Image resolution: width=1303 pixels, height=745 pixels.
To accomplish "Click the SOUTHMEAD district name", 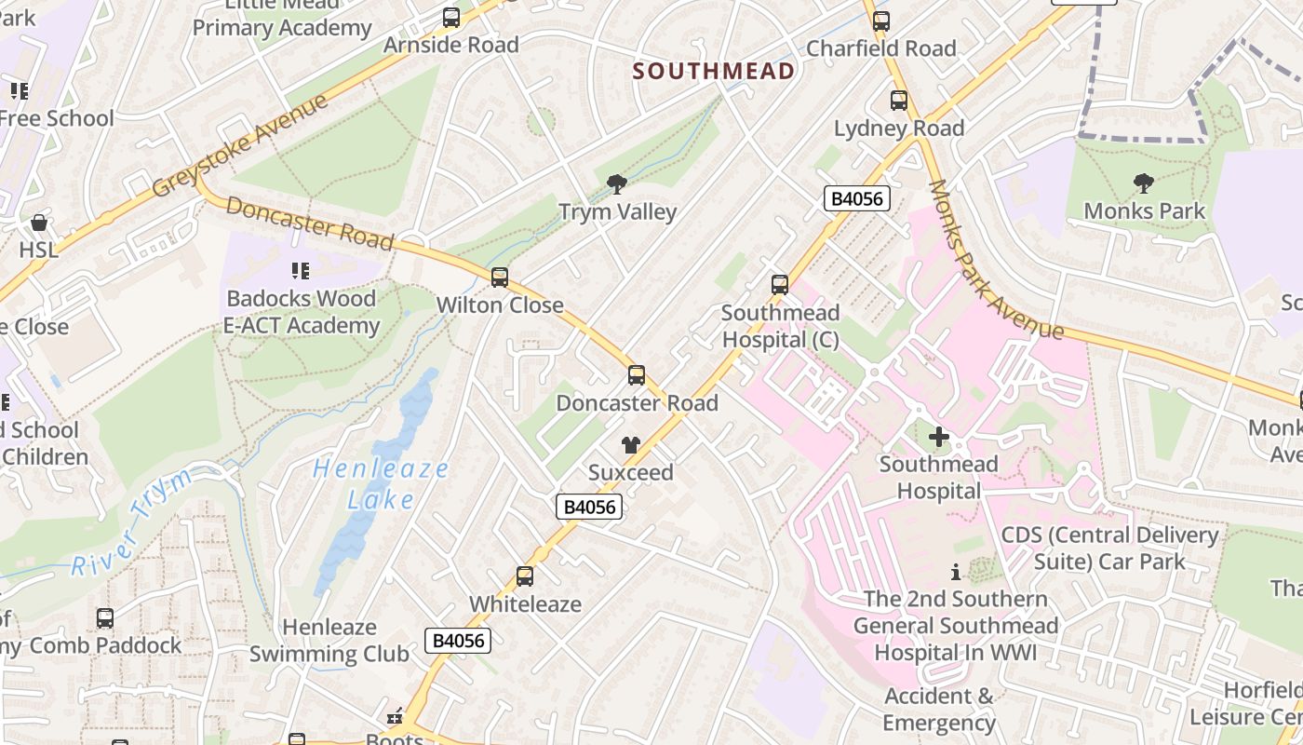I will tap(714, 71).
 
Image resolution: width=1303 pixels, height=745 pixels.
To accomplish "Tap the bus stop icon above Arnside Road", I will tap(451, 17).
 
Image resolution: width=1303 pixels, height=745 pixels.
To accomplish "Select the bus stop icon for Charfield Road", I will tap(880, 20).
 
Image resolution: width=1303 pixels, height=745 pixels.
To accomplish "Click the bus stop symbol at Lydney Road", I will tap(898, 101).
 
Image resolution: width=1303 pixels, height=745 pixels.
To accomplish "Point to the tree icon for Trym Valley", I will tap(616, 184).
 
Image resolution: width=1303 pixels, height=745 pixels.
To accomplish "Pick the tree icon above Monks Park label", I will tap(1144, 183).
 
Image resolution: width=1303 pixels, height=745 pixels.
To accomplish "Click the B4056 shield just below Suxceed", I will tap(589, 507).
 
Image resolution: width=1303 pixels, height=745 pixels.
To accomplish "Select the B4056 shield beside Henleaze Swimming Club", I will tap(458, 641).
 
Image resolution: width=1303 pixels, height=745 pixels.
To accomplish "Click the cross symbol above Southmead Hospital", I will tap(939, 436).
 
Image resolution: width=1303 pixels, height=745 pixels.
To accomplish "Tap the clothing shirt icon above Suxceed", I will tap(631, 445).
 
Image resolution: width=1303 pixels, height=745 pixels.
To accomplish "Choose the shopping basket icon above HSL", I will tap(39, 223).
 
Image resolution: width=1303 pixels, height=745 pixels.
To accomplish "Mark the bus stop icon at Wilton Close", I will tap(500, 278).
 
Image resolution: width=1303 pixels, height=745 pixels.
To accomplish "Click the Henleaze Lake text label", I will tap(381, 484).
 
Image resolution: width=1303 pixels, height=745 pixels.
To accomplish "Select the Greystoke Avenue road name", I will tap(240, 144).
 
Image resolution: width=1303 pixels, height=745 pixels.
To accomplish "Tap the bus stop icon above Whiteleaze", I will tap(525, 576).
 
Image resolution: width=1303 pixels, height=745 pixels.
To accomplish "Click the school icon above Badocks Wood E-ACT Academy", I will tap(300, 271).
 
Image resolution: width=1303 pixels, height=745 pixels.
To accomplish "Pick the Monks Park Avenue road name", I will tap(995, 261).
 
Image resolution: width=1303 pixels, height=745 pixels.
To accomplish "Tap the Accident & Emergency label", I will tap(939, 710).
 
